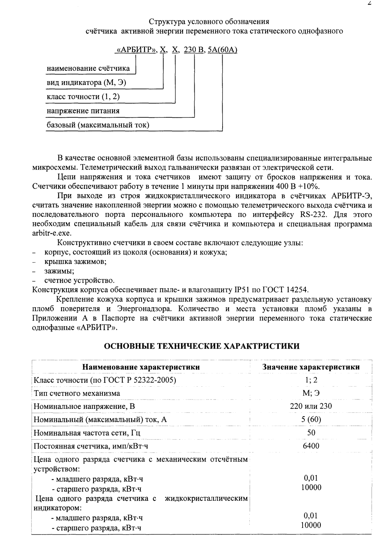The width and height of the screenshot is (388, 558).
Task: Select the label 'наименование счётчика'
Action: tap(89, 68)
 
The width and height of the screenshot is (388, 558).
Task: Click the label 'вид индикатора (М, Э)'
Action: tap(86, 83)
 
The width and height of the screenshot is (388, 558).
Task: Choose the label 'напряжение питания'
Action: tap(83, 111)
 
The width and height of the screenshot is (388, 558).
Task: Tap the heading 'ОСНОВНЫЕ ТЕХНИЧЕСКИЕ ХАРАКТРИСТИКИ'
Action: tap(202, 346)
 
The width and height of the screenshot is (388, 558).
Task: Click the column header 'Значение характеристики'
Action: tap(311, 367)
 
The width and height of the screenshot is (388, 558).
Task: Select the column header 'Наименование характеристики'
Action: tap(141, 367)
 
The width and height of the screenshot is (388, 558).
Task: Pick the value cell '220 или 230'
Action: tap(311, 406)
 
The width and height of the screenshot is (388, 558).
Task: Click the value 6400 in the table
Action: tap(311, 446)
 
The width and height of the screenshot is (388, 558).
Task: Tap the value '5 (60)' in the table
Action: tap(311, 419)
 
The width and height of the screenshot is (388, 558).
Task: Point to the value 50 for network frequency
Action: tap(311, 432)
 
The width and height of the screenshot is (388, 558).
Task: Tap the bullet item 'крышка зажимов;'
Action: tap(75, 261)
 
